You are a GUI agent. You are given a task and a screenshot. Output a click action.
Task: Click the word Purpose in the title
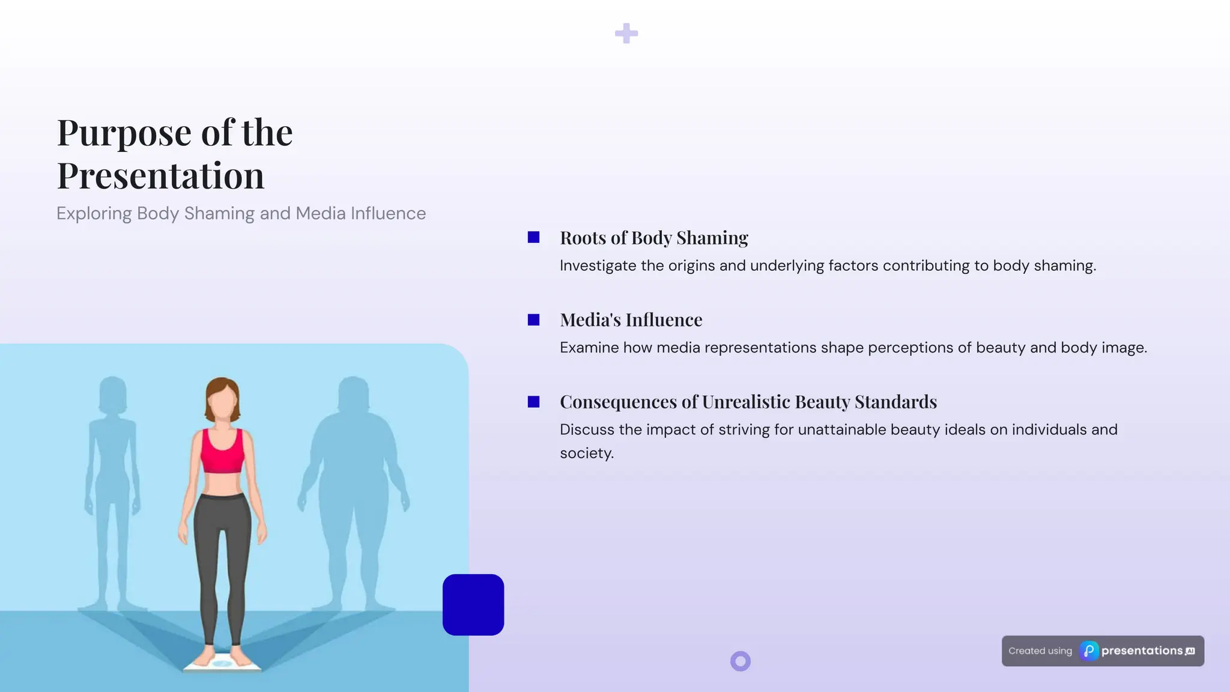pos(126,133)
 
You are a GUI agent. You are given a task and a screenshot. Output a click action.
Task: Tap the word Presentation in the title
pos(160,176)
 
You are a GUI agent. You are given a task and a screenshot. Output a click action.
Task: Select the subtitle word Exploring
pos(94,213)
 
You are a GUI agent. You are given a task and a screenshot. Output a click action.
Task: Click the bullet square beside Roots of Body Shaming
pos(533,238)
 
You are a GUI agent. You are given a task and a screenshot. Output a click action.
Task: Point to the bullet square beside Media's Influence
pos(533,320)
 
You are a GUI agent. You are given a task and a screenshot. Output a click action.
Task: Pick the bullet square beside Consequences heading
pos(533,402)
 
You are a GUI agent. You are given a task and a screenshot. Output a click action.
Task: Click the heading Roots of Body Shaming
pos(653,238)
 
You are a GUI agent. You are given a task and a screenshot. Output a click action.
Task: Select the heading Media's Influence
pos(631,320)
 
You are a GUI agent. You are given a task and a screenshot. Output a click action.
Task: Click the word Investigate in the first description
pos(598,266)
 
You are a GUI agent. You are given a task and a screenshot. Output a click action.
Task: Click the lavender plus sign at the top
pos(626,34)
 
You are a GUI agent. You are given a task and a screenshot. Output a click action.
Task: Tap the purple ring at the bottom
pos(741,661)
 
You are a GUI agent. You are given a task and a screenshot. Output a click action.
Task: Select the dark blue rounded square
pos(473,605)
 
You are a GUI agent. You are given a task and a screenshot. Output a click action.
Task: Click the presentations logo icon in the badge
pos(1089,651)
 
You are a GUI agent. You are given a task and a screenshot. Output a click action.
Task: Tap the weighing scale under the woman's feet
pos(222,664)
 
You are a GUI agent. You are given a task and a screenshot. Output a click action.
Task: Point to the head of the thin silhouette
pos(112,394)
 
